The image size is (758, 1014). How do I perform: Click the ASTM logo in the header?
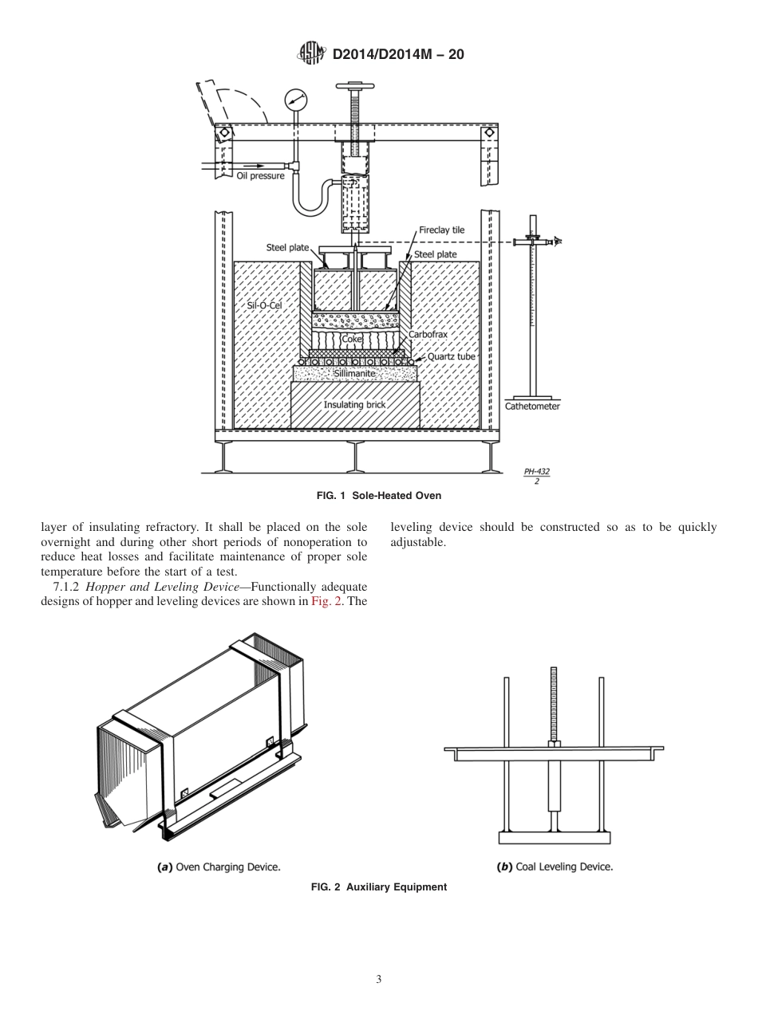click(311, 53)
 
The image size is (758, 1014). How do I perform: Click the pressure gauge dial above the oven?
click(296, 100)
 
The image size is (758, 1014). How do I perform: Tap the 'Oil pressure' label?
click(260, 175)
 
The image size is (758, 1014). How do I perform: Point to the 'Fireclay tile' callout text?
click(441, 230)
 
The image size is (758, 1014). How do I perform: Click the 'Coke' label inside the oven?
click(352, 339)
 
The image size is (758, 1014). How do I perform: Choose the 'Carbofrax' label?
click(428, 335)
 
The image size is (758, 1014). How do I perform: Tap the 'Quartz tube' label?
click(451, 356)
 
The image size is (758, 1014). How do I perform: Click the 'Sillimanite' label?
click(354, 373)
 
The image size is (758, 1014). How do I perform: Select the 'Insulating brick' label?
click(354, 404)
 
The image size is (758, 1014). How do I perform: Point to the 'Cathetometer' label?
click(532, 407)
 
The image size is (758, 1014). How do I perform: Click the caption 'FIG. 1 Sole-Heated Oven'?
click(378, 496)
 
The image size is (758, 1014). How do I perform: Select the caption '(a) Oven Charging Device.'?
click(219, 866)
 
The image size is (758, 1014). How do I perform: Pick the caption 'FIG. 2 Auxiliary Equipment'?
click(378, 887)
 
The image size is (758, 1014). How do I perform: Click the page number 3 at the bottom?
click(378, 980)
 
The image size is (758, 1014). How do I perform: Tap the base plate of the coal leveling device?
click(554, 838)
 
